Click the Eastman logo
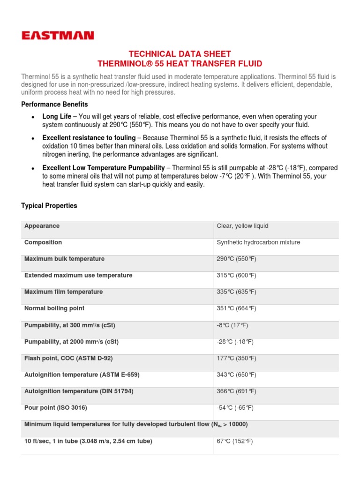[x=58, y=35]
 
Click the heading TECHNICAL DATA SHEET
[x=180, y=54]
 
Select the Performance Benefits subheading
[x=54, y=104]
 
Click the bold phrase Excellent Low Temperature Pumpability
[x=103, y=168]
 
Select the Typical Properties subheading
[x=49, y=206]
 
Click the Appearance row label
[x=42, y=226]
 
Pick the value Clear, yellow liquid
[x=242, y=226]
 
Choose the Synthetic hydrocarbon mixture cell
[x=258, y=242]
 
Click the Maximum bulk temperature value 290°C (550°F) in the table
[x=236, y=259]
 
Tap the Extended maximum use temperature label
[x=78, y=275]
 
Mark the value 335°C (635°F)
[x=236, y=292]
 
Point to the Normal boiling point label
[x=54, y=308]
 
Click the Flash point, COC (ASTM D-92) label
[x=68, y=358]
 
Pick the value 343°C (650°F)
[x=236, y=375]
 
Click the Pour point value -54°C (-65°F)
[x=235, y=407]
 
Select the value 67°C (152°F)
[x=234, y=441]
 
